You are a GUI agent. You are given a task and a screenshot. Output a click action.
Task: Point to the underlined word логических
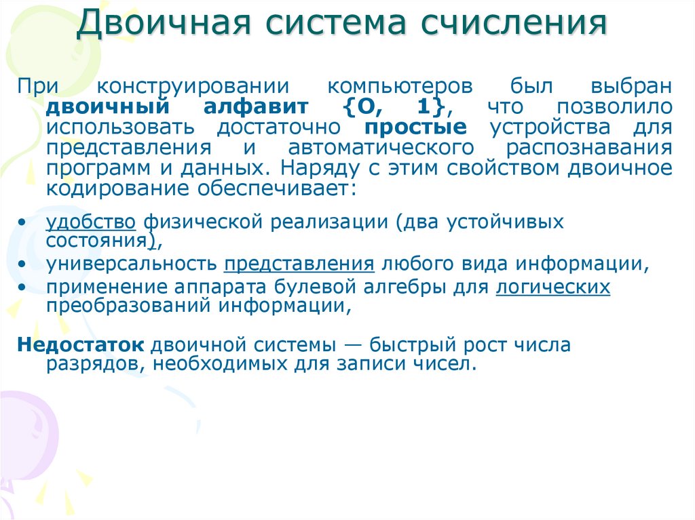click(552, 287)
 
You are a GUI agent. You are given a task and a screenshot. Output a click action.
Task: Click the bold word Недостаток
click(81, 344)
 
